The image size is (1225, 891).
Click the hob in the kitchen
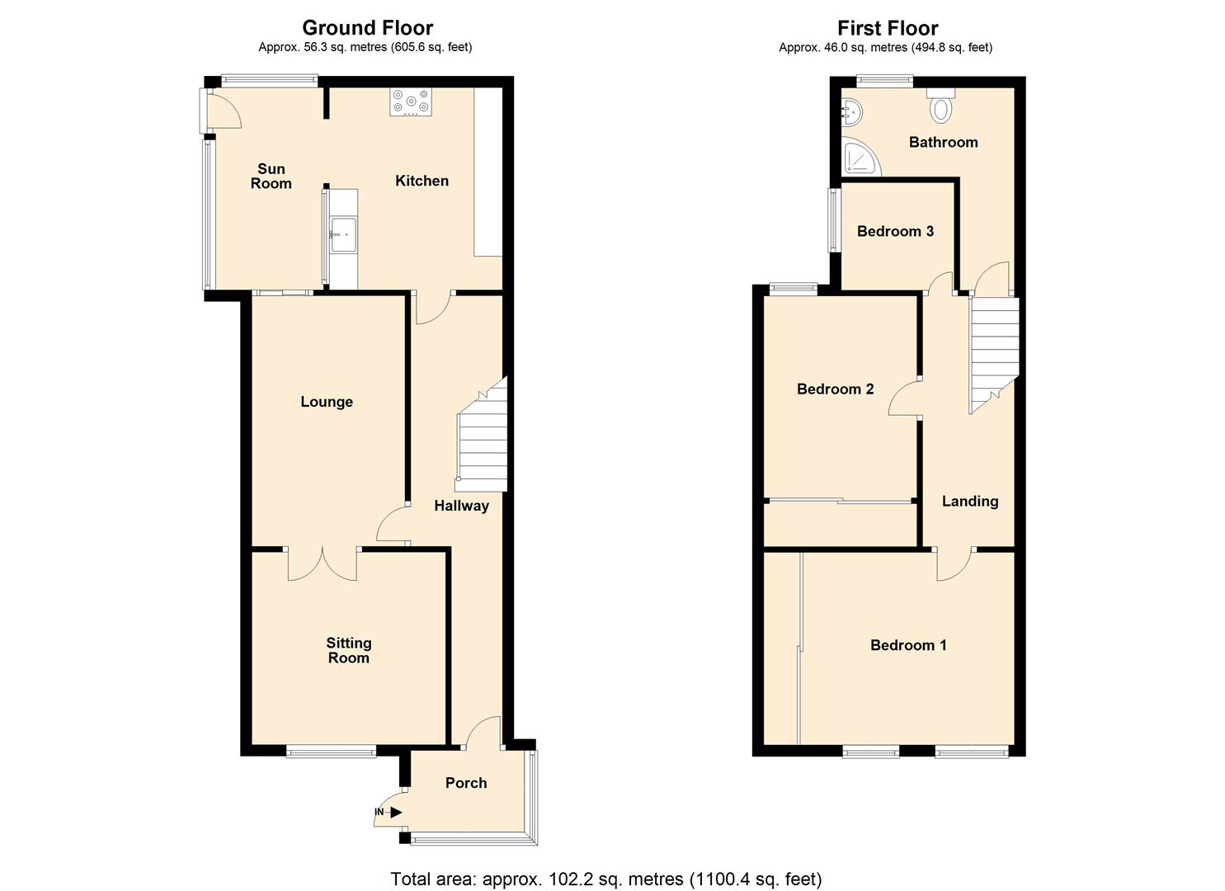point(411,102)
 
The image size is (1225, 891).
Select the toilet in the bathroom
point(940,106)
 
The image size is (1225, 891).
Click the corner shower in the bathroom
point(858,158)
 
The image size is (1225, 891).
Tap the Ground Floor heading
point(367,28)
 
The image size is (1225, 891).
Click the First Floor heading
point(888,28)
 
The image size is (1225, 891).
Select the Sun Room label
point(271,177)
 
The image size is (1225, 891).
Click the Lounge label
point(327,402)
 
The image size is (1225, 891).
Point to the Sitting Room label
point(349,650)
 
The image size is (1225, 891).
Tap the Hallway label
point(461,506)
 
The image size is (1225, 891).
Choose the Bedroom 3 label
point(895,231)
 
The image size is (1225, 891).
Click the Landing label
point(970,501)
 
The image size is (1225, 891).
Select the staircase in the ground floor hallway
point(483,437)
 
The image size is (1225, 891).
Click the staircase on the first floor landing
point(993,351)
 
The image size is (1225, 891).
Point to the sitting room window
point(331,751)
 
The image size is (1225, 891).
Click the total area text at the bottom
point(605,879)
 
